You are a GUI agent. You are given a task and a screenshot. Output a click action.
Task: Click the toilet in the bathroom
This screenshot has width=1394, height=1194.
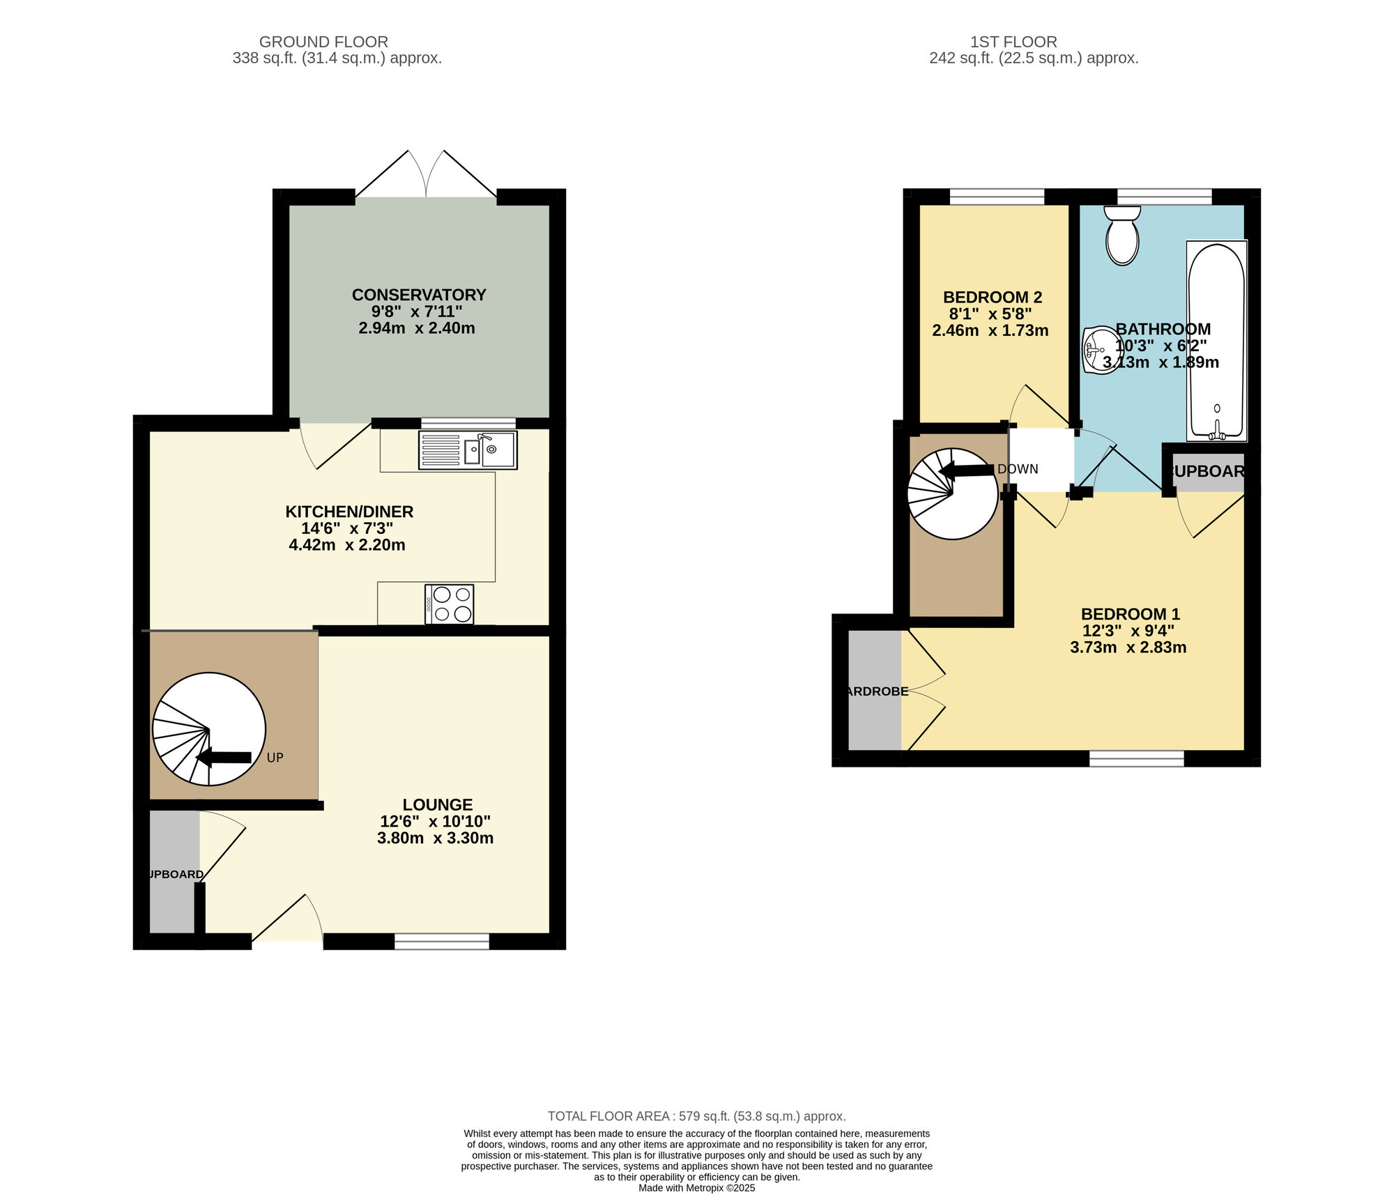1122,236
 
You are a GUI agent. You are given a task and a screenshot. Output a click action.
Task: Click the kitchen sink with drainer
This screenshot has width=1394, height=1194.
468,450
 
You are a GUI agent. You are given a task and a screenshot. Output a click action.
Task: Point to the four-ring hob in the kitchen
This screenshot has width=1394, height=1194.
450,604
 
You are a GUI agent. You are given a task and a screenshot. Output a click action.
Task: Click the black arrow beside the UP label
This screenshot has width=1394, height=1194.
224,757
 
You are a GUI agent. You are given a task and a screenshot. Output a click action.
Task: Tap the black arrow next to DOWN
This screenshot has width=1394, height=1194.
967,471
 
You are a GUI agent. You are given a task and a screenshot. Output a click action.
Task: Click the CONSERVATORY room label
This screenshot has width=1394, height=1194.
418,295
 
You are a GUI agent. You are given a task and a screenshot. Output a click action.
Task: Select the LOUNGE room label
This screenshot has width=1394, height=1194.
437,804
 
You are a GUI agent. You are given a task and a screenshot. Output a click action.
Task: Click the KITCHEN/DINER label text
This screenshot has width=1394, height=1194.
349,512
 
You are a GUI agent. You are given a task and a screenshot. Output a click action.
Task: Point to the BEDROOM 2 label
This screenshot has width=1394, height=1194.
992,298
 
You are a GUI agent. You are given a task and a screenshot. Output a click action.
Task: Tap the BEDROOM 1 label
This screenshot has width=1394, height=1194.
1130,614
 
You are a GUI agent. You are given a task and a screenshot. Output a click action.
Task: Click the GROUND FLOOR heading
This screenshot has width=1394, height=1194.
323,42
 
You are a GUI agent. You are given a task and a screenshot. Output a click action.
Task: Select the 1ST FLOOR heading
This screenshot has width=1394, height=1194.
1013,42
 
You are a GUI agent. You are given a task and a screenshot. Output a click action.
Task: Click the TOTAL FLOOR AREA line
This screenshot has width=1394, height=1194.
696,1116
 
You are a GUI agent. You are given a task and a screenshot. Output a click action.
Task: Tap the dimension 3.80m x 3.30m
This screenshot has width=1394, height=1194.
435,838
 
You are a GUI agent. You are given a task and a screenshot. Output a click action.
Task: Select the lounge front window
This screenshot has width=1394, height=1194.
442,942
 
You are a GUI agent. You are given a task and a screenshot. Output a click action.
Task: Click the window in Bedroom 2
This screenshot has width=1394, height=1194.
997,197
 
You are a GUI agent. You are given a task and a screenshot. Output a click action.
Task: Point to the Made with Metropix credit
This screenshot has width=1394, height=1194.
696,1188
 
